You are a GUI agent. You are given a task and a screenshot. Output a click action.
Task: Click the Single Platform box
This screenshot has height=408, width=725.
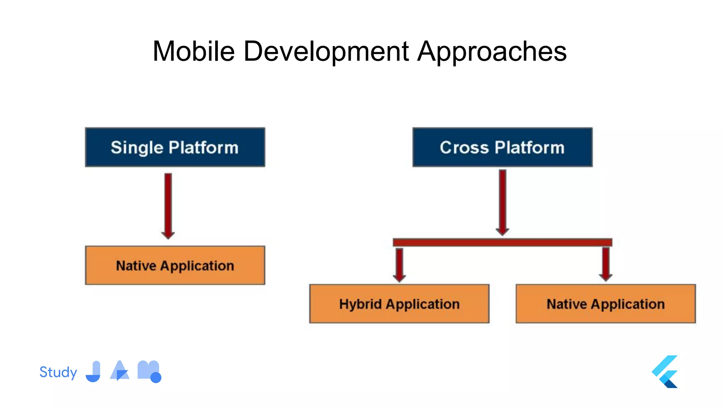[x=175, y=147]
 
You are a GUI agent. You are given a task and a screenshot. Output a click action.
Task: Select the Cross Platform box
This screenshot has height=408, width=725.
[x=502, y=147]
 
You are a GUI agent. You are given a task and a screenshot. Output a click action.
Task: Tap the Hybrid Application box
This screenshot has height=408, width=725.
[x=399, y=304]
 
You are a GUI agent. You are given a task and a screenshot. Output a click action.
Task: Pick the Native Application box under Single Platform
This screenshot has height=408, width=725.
[x=175, y=265]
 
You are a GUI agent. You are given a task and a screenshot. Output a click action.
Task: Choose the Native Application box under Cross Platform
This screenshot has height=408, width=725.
[x=606, y=304]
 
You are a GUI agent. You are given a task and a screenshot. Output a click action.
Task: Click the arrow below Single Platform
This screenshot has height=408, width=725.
[x=168, y=205]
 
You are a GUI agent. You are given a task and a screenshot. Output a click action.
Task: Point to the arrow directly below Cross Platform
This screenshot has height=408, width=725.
[x=502, y=202]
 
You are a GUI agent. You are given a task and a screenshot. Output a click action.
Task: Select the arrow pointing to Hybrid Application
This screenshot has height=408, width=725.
[x=399, y=265]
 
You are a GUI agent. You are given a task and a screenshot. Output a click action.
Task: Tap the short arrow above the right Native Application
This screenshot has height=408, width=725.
[x=606, y=264]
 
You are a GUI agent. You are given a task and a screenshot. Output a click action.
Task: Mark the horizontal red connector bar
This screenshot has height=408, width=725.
[x=502, y=242]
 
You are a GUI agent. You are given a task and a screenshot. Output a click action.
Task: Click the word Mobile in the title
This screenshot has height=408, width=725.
[x=194, y=51]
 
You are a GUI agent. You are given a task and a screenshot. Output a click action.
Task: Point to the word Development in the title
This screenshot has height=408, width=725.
[x=326, y=51]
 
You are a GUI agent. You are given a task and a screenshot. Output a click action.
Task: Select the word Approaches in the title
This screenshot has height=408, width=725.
[x=492, y=51]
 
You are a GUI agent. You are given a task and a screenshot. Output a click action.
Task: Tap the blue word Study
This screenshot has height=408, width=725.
[x=58, y=372]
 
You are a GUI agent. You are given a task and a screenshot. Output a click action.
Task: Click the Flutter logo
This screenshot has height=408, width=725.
[x=665, y=372]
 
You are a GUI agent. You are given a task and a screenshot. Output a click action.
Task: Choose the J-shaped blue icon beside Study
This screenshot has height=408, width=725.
[x=94, y=372]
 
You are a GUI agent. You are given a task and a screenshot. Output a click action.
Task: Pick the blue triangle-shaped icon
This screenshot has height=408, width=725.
[x=120, y=371]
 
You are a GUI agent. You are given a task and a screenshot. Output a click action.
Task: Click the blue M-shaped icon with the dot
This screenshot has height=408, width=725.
[x=149, y=372]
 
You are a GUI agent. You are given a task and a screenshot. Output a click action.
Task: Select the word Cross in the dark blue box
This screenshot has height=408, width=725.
[x=464, y=147]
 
